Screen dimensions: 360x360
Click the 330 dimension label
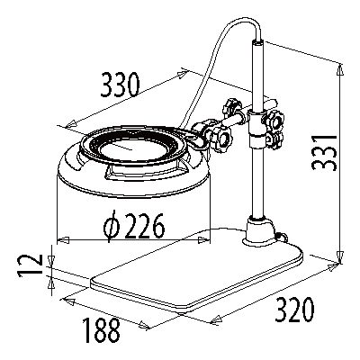click(121, 85)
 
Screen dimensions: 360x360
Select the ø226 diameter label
click(134, 226)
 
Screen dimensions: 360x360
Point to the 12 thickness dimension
click(29, 265)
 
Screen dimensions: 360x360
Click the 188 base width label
click(102, 330)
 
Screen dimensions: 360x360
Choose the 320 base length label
click(295, 310)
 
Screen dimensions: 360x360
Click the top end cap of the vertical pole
click(257, 43)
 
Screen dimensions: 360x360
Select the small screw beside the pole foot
click(282, 237)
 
